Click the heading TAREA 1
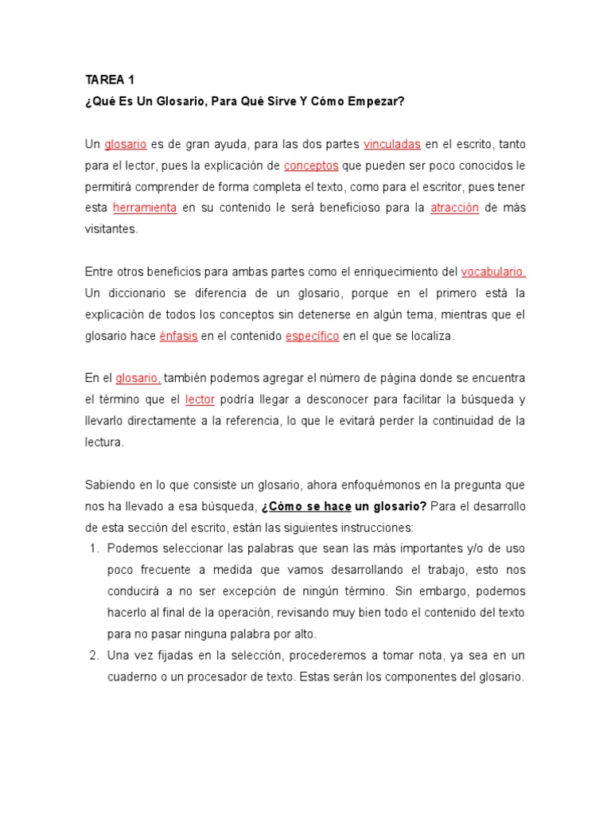click(x=110, y=80)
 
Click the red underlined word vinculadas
click(x=392, y=145)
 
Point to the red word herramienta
click(x=145, y=209)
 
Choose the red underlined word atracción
click(x=454, y=209)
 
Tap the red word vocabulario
click(x=493, y=272)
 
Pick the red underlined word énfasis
click(x=178, y=336)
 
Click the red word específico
click(x=313, y=336)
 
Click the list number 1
click(x=92, y=549)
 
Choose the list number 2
click(x=92, y=656)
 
